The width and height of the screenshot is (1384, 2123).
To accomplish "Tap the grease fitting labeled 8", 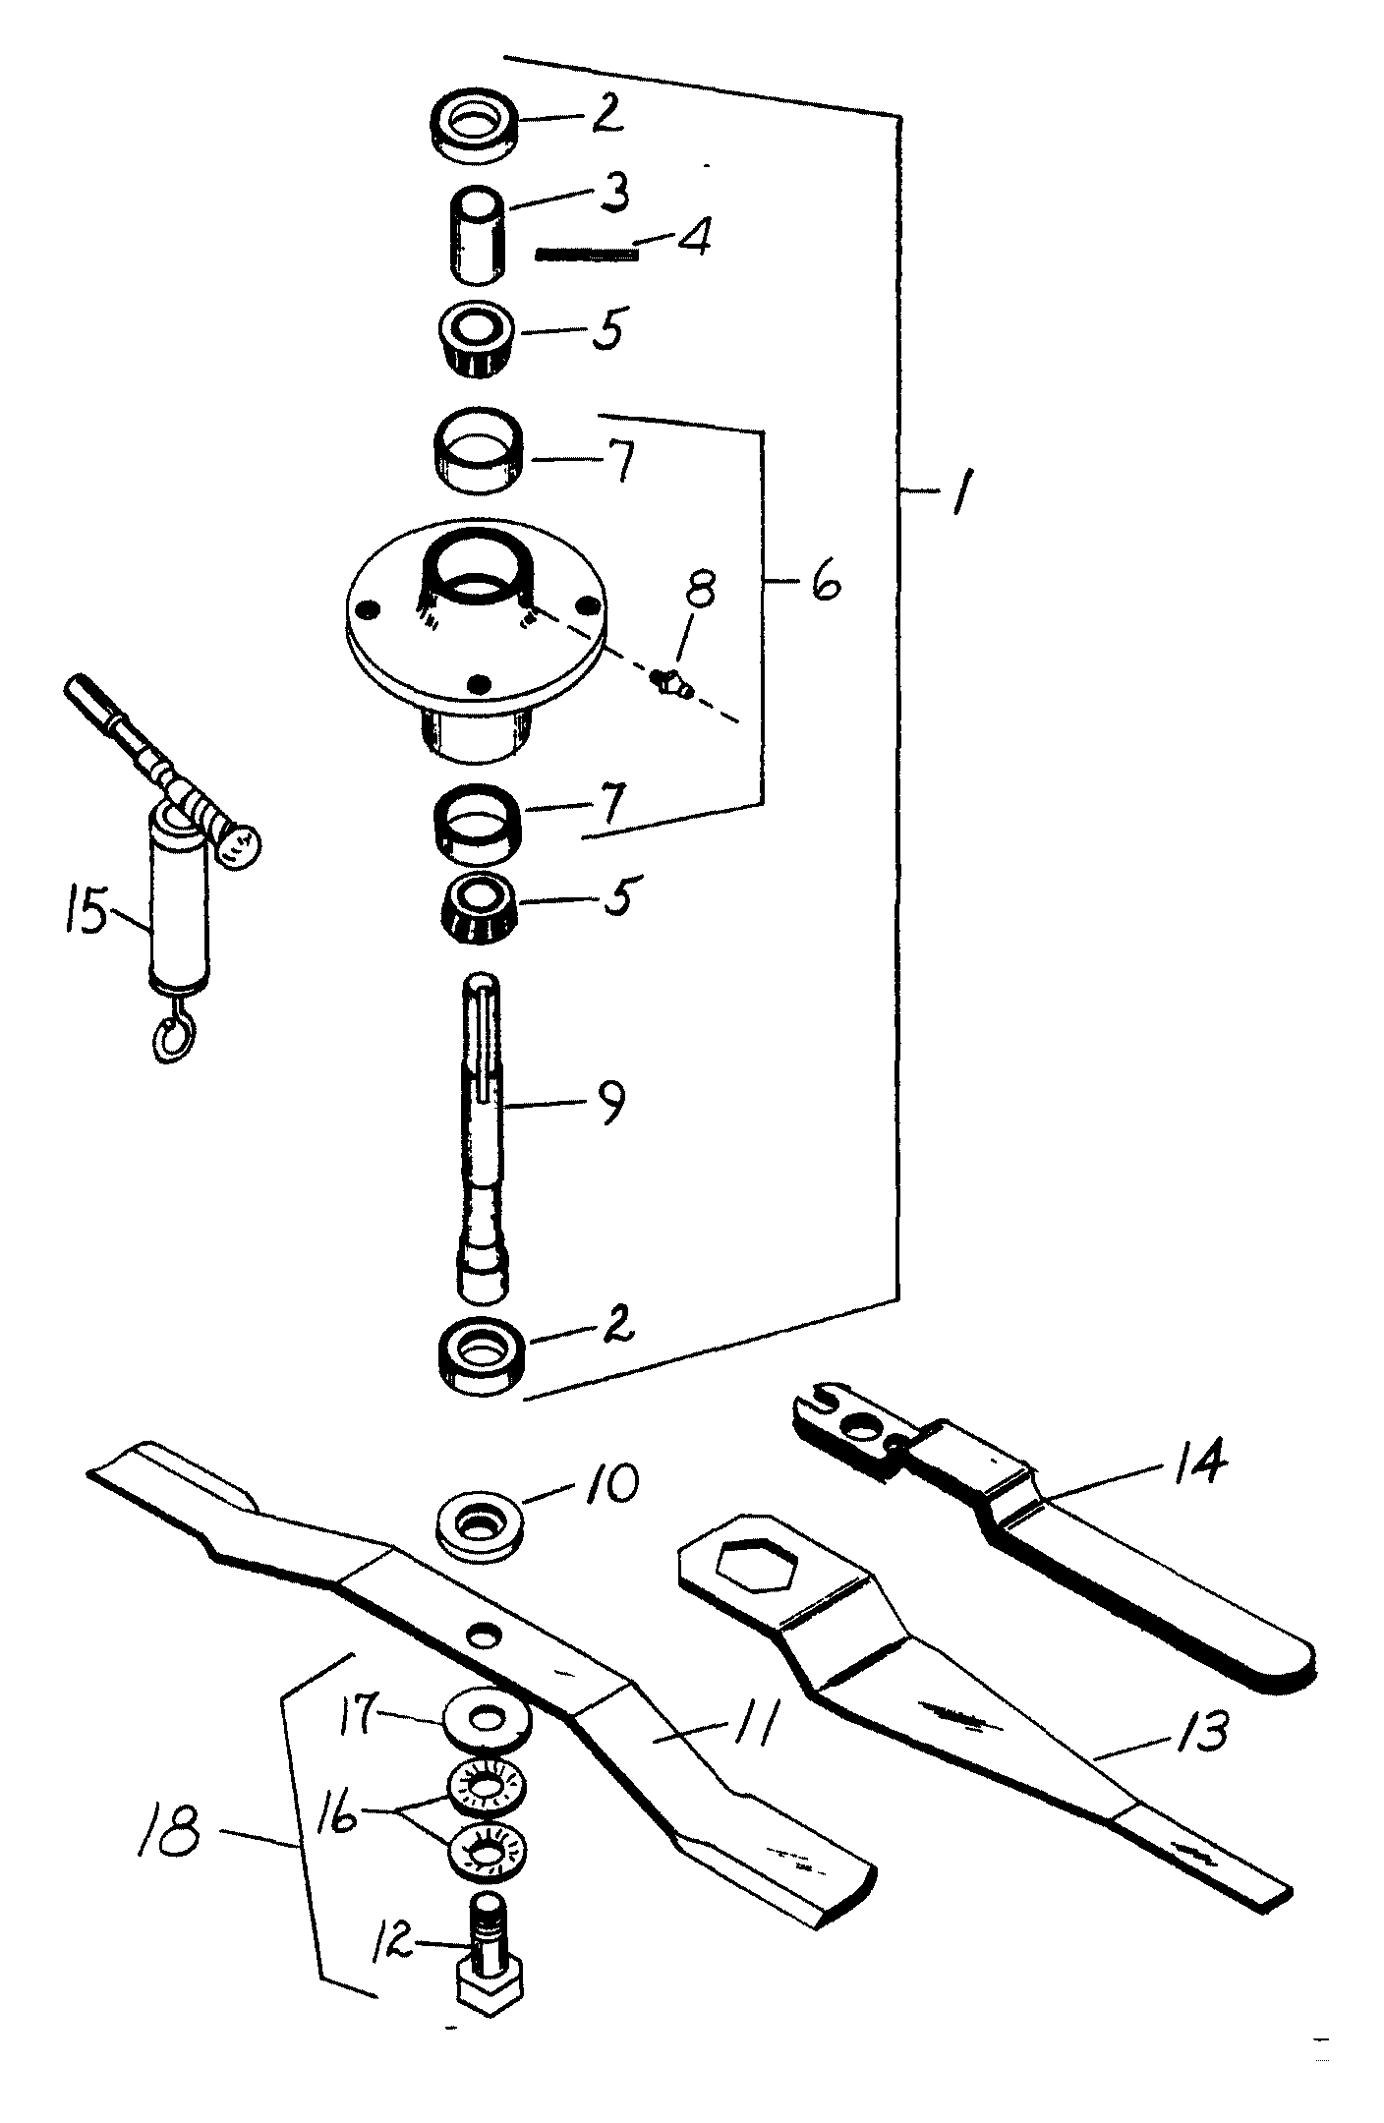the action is (x=673, y=683).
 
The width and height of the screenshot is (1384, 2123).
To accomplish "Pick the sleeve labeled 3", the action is (x=476, y=236).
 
